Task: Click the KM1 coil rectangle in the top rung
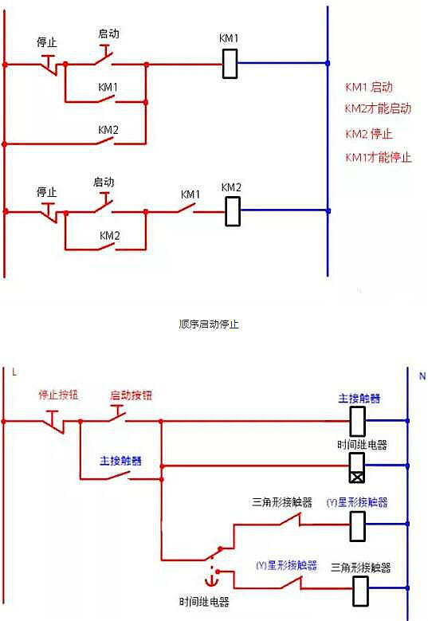pyautogui.click(x=230, y=64)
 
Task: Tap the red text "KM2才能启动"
pyautogui.click(x=378, y=108)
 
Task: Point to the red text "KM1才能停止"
pyautogui.click(x=378, y=157)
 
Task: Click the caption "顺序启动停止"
pyautogui.click(x=210, y=324)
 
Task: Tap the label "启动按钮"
pyautogui.click(x=131, y=395)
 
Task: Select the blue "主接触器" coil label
pyautogui.click(x=359, y=398)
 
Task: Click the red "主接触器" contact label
pyautogui.click(x=120, y=461)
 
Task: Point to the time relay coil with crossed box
pyautogui.click(x=358, y=466)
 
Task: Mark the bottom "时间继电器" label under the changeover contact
pyautogui.click(x=203, y=602)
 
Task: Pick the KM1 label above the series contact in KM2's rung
pyautogui.click(x=190, y=195)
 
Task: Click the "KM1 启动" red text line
pyautogui.click(x=368, y=87)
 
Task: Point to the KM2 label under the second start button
pyautogui.click(x=109, y=236)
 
